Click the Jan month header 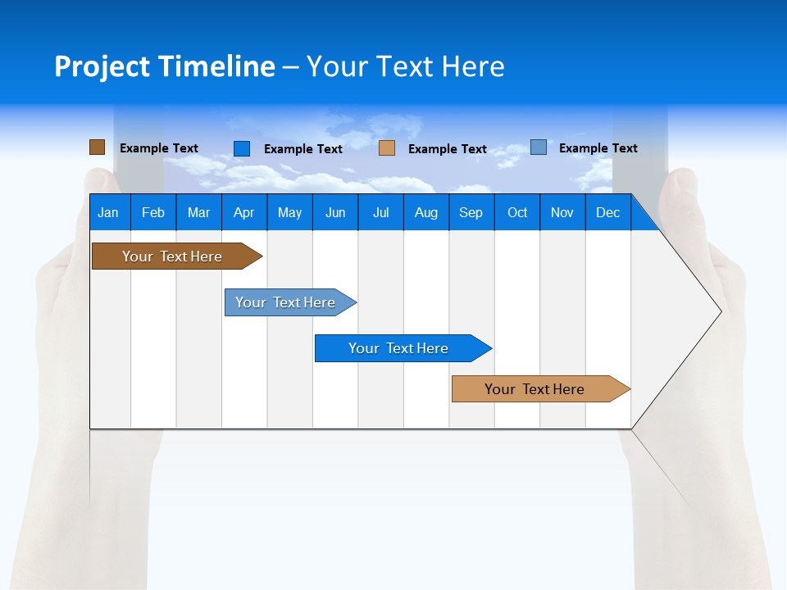(x=108, y=212)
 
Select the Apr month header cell (x=243, y=212)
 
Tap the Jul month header (x=380, y=212)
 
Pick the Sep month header (x=471, y=212)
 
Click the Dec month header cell (x=607, y=212)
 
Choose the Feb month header (x=153, y=212)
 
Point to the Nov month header (x=562, y=212)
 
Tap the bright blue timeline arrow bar (x=399, y=348)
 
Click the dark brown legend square (x=97, y=147)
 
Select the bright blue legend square (x=241, y=148)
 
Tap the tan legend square (x=387, y=148)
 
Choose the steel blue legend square (x=538, y=147)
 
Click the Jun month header (x=334, y=212)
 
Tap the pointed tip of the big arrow (x=720, y=311)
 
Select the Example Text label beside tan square (x=447, y=149)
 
